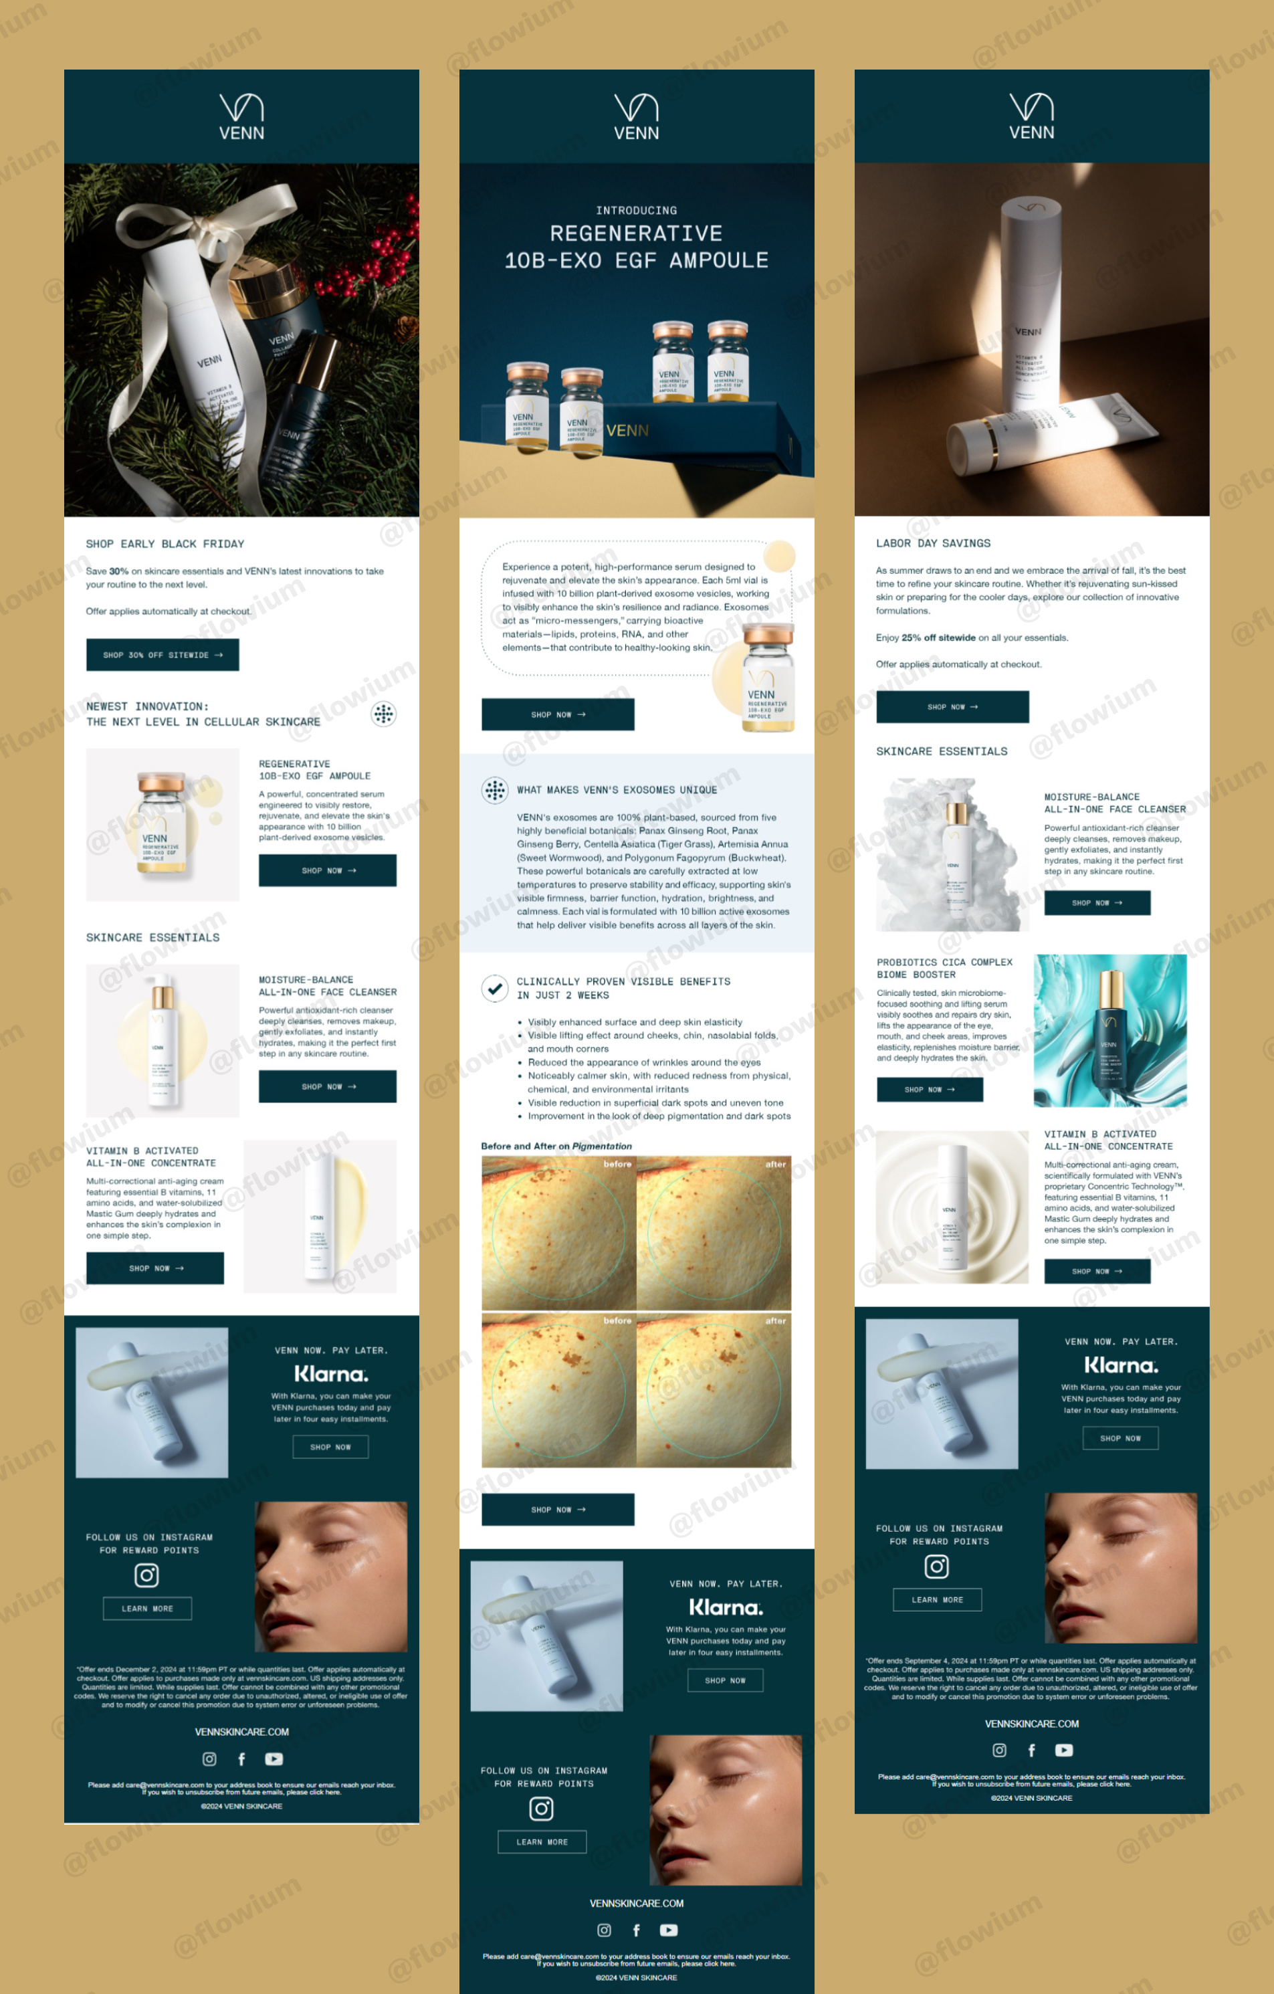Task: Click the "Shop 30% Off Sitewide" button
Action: (x=163, y=654)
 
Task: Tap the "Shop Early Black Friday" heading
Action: (x=165, y=544)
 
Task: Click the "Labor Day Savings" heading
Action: (x=933, y=543)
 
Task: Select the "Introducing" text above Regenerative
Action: (x=636, y=210)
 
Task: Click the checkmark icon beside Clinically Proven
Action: (x=494, y=988)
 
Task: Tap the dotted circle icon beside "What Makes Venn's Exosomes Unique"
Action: (x=494, y=790)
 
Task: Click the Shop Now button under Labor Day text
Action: (x=952, y=706)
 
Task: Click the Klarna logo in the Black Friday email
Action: (x=331, y=1374)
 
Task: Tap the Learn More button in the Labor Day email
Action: (x=937, y=1599)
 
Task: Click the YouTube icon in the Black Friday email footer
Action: (x=274, y=1759)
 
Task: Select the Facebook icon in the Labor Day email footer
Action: (x=1031, y=1750)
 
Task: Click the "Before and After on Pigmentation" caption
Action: (x=556, y=1146)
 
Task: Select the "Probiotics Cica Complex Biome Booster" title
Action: (x=944, y=968)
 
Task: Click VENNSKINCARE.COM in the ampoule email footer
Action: (x=636, y=1903)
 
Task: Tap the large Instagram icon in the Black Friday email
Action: (x=146, y=1575)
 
